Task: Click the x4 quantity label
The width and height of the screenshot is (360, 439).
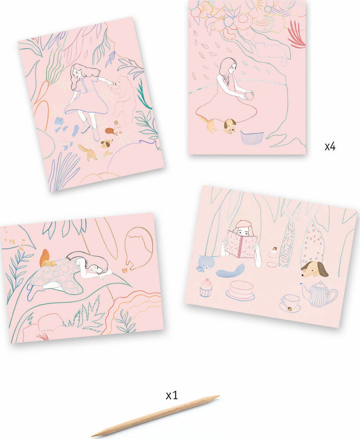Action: [330, 147]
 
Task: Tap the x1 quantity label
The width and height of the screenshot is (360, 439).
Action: [172, 395]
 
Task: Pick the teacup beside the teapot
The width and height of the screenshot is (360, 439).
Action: [290, 301]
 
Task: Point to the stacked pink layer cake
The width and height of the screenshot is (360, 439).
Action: [240, 290]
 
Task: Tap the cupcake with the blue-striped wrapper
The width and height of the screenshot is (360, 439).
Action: [206, 287]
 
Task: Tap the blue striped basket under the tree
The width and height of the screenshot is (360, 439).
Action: [252, 137]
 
